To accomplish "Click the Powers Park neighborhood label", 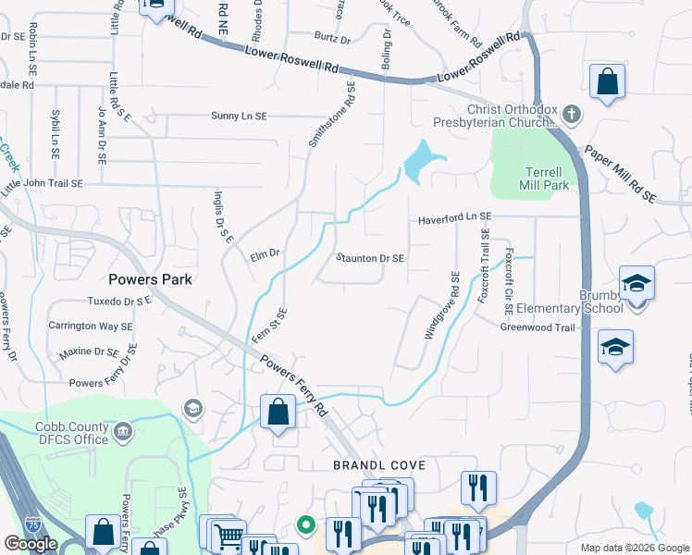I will (x=150, y=278).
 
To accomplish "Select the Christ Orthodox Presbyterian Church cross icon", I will (x=572, y=115).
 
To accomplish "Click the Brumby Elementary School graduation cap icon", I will (x=636, y=283).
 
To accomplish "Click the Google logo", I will (x=31, y=544).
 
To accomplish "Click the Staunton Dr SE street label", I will (x=370, y=259).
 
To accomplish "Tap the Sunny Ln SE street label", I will (x=239, y=117).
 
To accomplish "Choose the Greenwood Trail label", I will (x=538, y=327).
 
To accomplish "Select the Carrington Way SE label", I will (x=91, y=327).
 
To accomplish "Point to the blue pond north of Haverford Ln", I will (x=423, y=160).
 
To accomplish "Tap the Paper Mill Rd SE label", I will (x=618, y=173).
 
